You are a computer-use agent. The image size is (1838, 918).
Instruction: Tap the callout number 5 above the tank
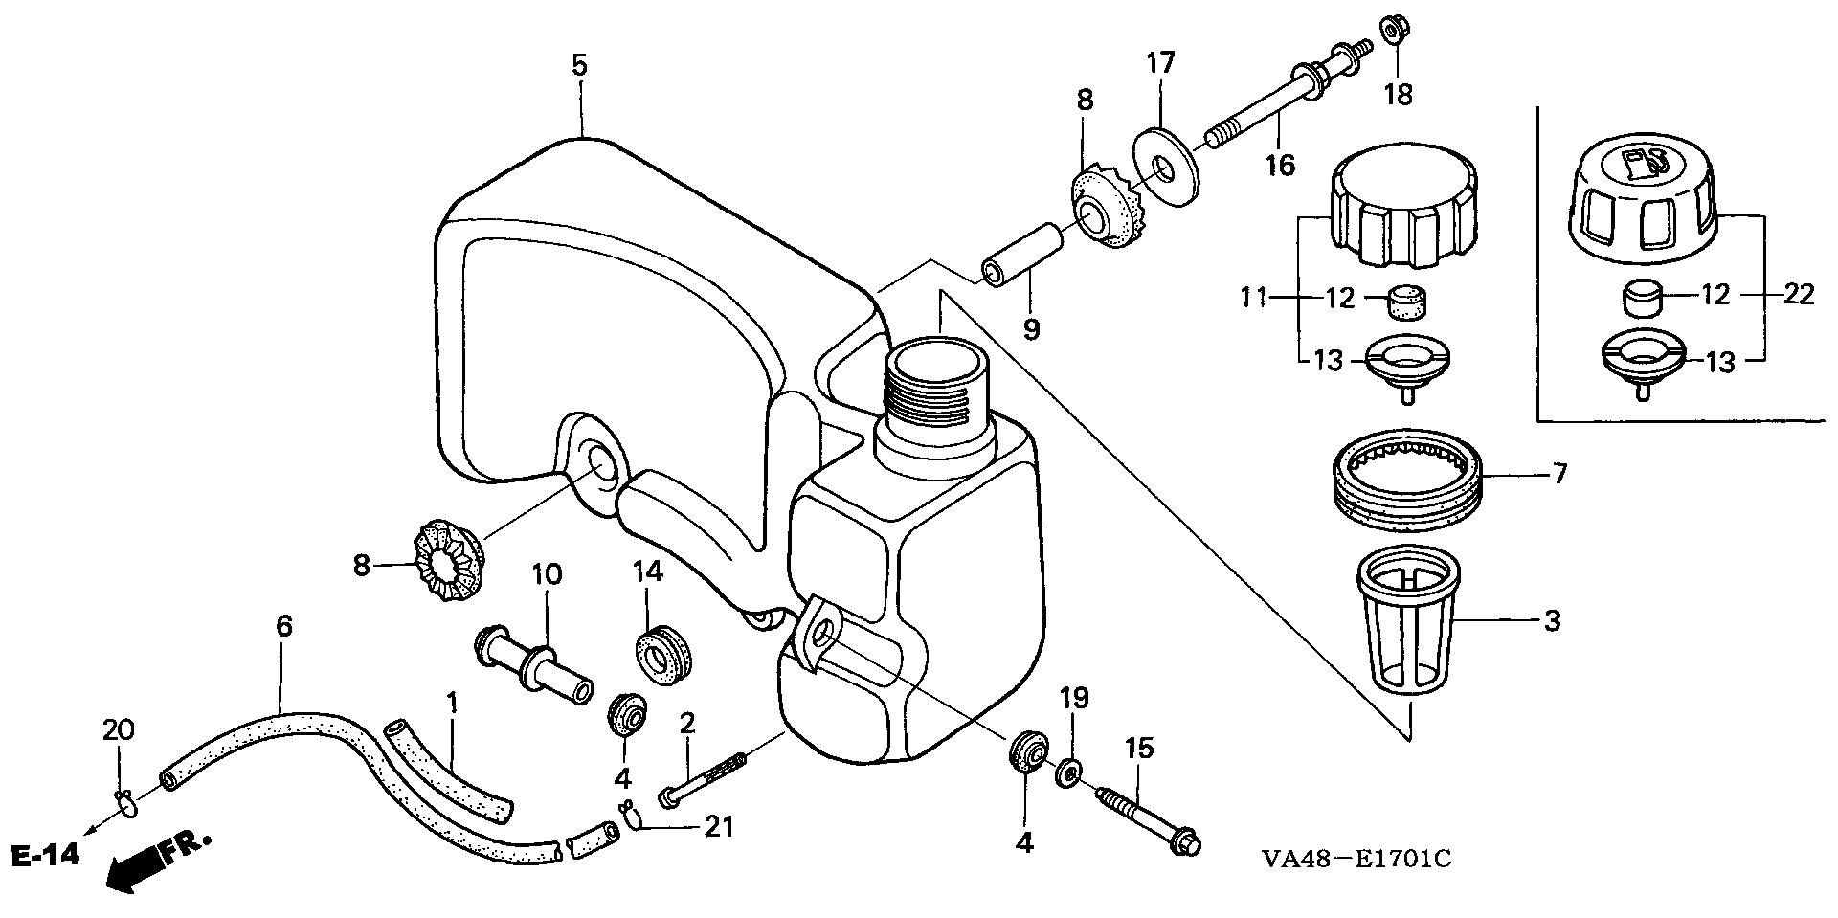click(x=580, y=65)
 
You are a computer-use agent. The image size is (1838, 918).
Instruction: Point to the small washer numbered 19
click(x=1070, y=771)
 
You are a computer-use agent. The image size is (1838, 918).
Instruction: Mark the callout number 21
click(x=718, y=826)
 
